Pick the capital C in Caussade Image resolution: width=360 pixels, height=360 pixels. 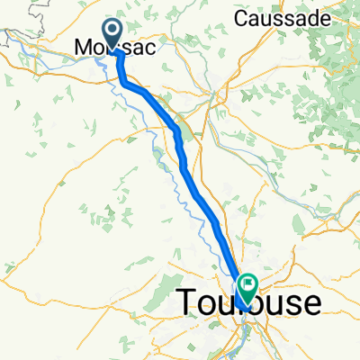240,18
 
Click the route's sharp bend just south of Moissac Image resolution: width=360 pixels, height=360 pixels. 121,83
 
